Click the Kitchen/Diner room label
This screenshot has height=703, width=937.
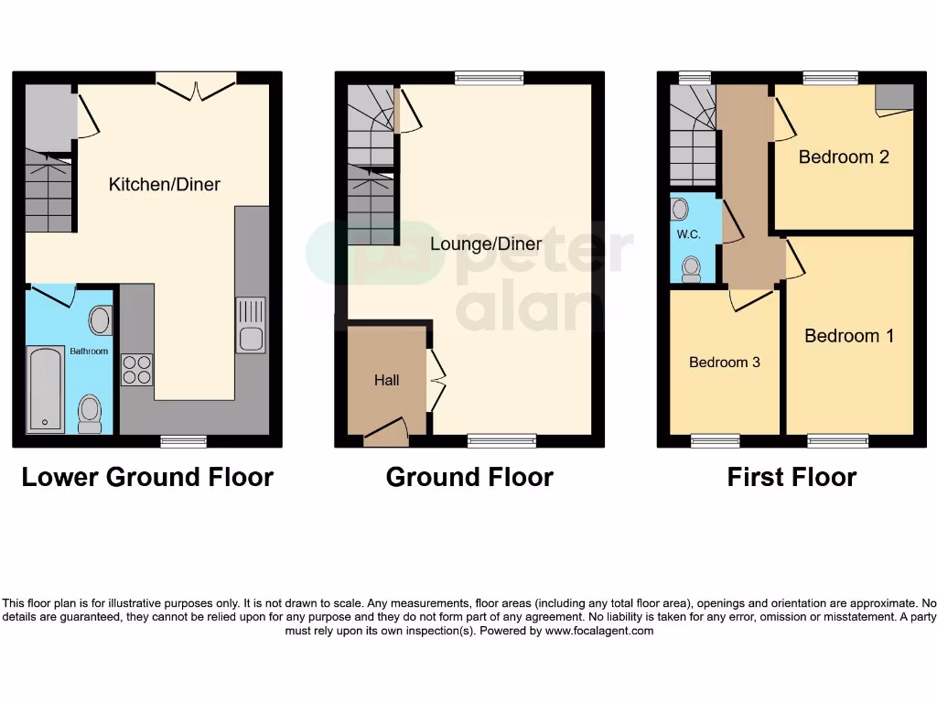pyautogui.click(x=165, y=184)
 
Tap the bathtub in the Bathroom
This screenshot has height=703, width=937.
pyautogui.click(x=44, y=389)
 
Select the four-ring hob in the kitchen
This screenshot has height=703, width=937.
pyautogui.click(x=137, y=369)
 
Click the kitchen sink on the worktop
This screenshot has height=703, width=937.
pyautogui.click(x=250, y=325)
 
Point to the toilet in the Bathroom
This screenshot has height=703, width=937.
pyautogui.click(x=90, y=413)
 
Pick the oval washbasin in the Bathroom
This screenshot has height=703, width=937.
pyautogui.click(x=100, y=320)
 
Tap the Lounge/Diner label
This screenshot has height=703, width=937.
pyautogui.click(x=486, y=244)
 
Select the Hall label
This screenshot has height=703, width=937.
pyautogui.click(x=386, y=380)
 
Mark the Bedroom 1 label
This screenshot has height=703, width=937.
pyautogui.click(x=849, y=336)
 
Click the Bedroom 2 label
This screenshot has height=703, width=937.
pyautogui.click(x=844, y=157)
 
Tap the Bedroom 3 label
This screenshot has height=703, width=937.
pyautogui.click(x=724, y=362)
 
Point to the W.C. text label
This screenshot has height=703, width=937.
pyautogui.click(x=688, y=235)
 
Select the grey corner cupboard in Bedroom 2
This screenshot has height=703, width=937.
pyautogui.click(x=894, y=97)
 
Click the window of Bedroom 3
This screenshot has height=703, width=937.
pyautogui.click(x=715, y=441)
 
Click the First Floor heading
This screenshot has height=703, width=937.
pyautogui.click(x=792, y=477)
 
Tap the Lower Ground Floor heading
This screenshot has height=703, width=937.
pyautogui.click(x=147, y=477)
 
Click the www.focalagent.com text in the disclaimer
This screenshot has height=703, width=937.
pyautogui.click(x=599, y=631)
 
